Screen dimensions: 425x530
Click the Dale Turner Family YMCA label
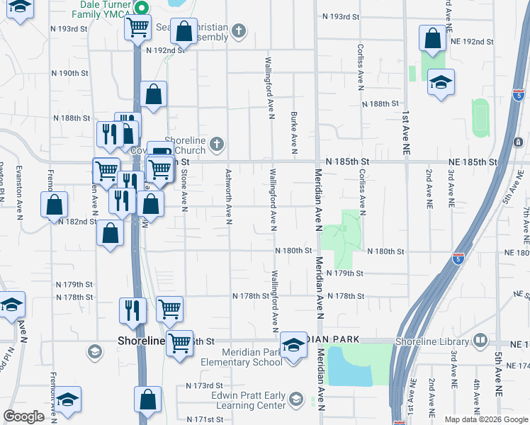[x=106, y=8]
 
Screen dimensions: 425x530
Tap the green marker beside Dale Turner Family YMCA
[x=141, y=8]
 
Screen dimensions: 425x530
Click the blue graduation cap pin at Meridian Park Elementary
[x=293, y=345]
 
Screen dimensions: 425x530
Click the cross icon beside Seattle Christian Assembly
[x=239, y=30]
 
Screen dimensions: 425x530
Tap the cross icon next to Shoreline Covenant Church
[x=217, y=145]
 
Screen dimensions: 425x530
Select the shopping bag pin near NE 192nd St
[x=432, y=40]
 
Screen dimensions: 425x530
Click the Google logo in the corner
[x=23, y=417]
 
